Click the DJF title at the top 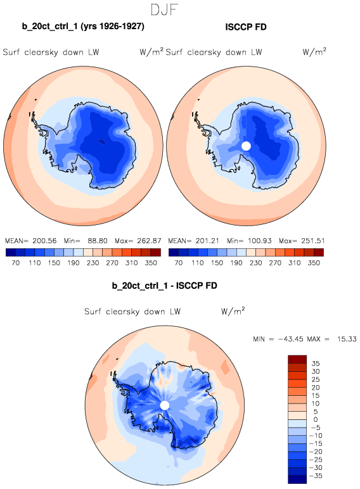(x=164, y=10)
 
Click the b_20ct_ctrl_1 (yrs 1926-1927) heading (x=83, y=26)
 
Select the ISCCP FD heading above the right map (x=246, y=27)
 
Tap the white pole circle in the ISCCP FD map (x=246, y=146)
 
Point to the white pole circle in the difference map (x=164, y=405)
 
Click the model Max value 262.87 (x=149, y=241)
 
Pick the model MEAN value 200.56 (x=44, y=241)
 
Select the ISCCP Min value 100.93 (x=260, y=241)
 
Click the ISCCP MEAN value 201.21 (x=207, y=241)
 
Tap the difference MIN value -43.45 (x=291, y=339)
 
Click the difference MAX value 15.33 (x=347, y=339)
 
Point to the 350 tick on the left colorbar (x=151, y=263)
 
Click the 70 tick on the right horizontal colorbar (x=179, y=263)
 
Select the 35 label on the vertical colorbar (x=316, y=364)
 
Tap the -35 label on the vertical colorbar (x=316, y=476)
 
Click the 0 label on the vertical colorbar (x=316, y=419)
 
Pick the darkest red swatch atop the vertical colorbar (x=297, y=359)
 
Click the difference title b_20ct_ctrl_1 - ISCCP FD (x=164, y=286)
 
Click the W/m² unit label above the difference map (x=233, y=311)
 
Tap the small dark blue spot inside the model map (x=102, y=141)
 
